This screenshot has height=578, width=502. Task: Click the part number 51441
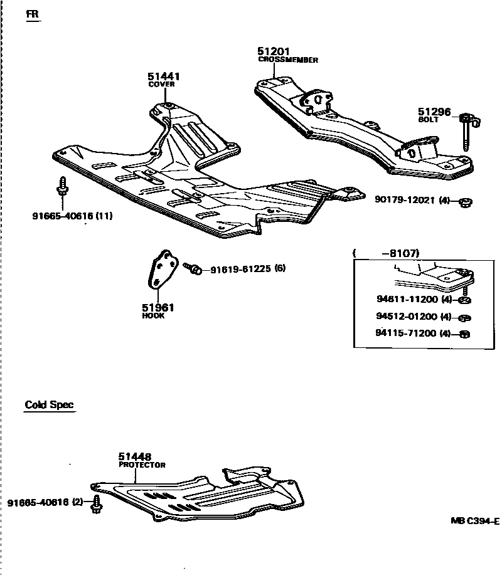coord(164,76)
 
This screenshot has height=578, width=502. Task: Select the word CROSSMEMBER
coord(288,60)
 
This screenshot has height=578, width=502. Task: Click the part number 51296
coord(434,112)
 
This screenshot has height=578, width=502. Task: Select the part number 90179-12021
coord(405,201)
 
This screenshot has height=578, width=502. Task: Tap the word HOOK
coord(153,316)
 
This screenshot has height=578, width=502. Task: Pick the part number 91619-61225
coord(240,269)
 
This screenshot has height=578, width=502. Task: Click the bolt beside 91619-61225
coord(193,268)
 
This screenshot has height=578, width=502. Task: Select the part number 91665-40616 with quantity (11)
coord(63,216)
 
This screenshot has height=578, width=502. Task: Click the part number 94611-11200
coord(407,300)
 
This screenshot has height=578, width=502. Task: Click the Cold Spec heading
coord(49,404)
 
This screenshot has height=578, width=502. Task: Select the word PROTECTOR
coord(142,465)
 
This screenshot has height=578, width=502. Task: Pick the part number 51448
coord(135,458)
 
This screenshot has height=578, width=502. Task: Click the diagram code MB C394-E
coord(474,521)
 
